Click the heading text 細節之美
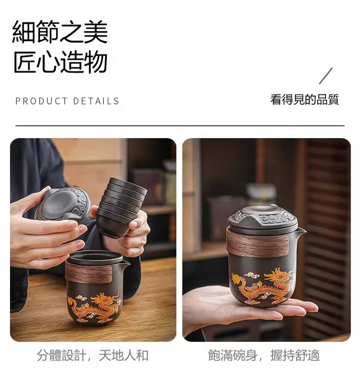pyautogui.click(x=60, y=32)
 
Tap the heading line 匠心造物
pyautogui.click(x=61, y=62)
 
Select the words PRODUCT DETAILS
pyautogui.click(x=67, y=101)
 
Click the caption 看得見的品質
pyautogui.click(x=305, y=99)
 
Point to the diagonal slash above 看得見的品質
pyautogui.click(x=326, y=76)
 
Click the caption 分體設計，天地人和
pyautogui.click(x=93, y=355)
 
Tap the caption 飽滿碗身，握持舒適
pyautogui.click(x=264, y=355)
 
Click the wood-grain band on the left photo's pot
pyautogui.click(x=89, y=273)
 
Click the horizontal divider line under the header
pyautogui.click(x=180, y=126)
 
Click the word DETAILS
pyautogui.click(x=96, y=101)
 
